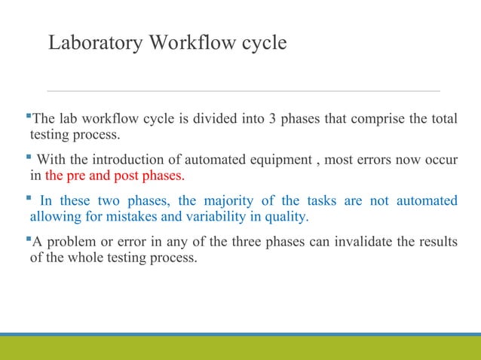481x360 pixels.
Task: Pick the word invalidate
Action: click(x=339, y=243)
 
